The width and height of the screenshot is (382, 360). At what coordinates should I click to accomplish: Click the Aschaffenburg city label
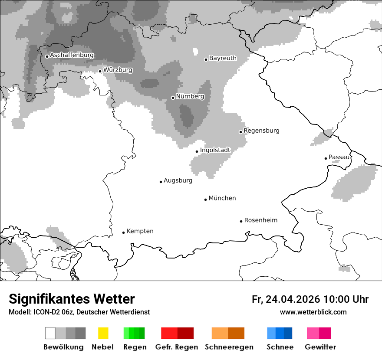point(72,56)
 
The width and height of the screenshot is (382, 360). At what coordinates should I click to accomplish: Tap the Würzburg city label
point(118,70)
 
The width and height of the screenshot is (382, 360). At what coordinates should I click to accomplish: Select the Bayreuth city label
point(223,58)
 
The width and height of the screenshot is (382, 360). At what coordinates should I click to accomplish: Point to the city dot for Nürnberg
point(173,98)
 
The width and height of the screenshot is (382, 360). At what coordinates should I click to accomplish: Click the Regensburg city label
point(261,131)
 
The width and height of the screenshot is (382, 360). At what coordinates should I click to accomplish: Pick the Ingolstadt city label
point(215,151)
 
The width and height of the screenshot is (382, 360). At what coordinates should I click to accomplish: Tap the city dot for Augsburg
point(161,182)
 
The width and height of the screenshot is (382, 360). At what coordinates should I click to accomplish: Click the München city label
point(222,198)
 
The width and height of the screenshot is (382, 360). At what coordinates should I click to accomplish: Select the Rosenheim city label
point(260,220)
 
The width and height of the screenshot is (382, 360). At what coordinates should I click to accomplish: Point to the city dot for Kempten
point(123,232)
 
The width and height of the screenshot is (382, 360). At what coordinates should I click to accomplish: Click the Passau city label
point(339,157)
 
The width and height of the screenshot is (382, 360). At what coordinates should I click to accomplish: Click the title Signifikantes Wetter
point(72,299)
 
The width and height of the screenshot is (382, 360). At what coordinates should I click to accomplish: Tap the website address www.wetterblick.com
point(313,312)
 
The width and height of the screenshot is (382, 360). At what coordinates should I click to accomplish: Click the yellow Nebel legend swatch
point(103,333)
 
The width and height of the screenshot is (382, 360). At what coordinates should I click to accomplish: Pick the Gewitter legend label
point(320,347)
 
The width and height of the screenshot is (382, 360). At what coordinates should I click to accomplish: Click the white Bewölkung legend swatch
point(50,333)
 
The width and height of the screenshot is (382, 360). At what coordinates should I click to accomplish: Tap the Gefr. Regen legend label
point(177,347)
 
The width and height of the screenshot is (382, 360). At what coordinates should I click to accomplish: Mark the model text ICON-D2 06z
point(52,312)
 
